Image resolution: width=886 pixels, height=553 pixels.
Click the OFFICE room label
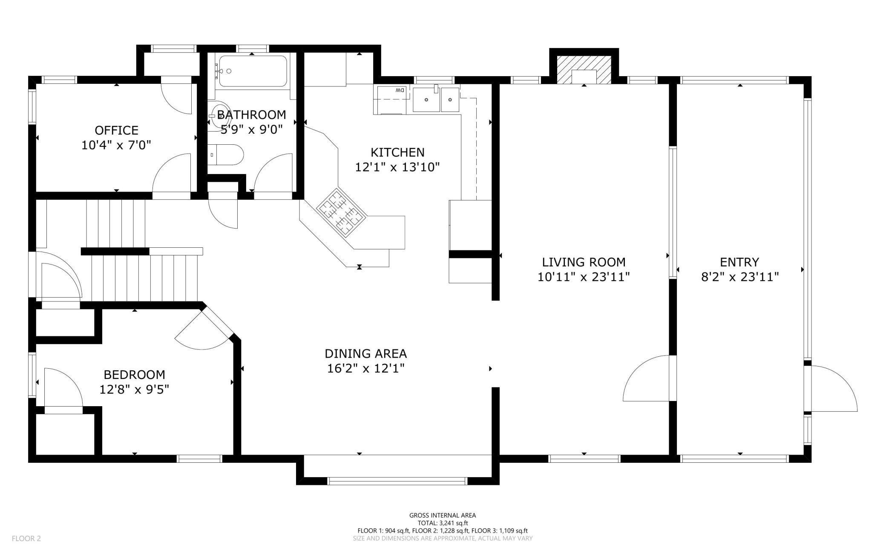pos(116,130)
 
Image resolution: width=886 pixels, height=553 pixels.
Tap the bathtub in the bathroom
pos(251,71)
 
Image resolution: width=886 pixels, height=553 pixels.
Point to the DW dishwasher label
pos(399,90)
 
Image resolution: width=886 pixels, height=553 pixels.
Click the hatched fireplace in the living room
pos(584,70)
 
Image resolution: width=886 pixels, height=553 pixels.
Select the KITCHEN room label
pos(397,152)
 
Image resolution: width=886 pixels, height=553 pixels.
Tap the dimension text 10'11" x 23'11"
pos(584,277)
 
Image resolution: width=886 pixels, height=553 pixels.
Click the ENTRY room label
pos(739,262)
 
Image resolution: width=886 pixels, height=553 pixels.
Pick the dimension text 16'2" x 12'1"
pos(365,368)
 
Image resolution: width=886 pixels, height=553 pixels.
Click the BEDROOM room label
pos(134,375)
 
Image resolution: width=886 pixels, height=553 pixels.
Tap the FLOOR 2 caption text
pos(26,539)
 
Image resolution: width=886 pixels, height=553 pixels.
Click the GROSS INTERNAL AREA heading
pos(443,516)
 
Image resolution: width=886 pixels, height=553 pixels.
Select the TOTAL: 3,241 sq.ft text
pos(443,523)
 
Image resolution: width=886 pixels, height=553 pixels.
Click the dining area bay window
pos(397,481)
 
